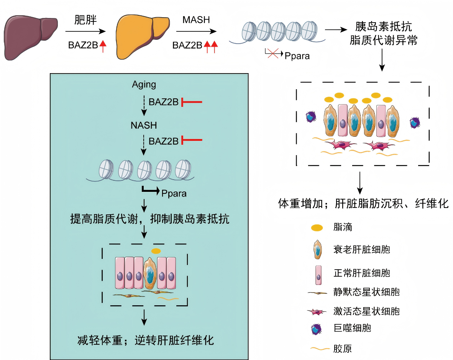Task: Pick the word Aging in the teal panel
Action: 144,84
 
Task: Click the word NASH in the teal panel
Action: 144,125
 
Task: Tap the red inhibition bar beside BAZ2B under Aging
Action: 191,102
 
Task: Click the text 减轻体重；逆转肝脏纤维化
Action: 144,340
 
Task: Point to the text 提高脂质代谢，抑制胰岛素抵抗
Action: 150,219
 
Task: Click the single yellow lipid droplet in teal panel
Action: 156,251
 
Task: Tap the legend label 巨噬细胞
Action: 352,328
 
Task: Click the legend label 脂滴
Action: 343,228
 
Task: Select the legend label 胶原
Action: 343,349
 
